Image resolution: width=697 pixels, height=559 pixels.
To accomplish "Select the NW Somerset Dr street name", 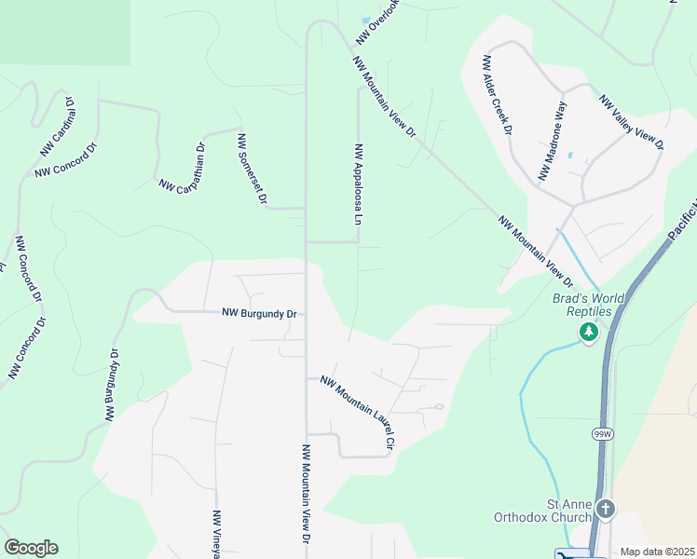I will pos(253,170).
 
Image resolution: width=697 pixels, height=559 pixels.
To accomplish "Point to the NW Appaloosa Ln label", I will pos(357,185).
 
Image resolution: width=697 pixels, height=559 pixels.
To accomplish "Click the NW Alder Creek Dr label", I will pos(497,95).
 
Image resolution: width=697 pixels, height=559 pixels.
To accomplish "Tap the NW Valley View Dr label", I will pos(632,122).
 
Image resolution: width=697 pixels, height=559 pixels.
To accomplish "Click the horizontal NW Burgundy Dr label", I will pos(259,314).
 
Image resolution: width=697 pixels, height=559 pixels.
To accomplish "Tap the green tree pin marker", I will pos(588,332).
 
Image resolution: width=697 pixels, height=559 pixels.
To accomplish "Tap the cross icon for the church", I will pos(607,509).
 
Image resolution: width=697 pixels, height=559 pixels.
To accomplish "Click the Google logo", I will pos(31,548).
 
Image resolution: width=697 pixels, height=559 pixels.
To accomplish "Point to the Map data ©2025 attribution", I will pos(658,552).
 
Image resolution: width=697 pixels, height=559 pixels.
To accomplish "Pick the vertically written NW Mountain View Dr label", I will pos(305,494).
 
